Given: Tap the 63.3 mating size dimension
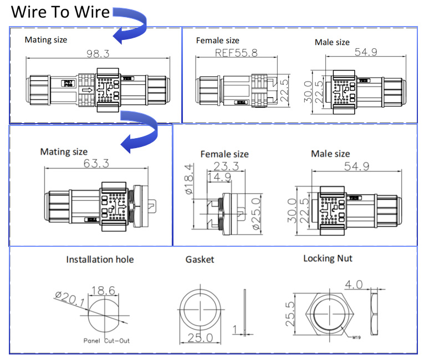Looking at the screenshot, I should (96, 164).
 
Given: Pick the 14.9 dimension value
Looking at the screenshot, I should (218, 177).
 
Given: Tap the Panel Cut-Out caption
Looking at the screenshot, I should (108, 341).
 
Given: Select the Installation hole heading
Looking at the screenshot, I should (100, 260).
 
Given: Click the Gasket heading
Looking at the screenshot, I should (200, 260).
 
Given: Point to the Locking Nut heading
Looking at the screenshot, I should (328, 258).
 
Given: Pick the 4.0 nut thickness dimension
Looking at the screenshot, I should (353, 285).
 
